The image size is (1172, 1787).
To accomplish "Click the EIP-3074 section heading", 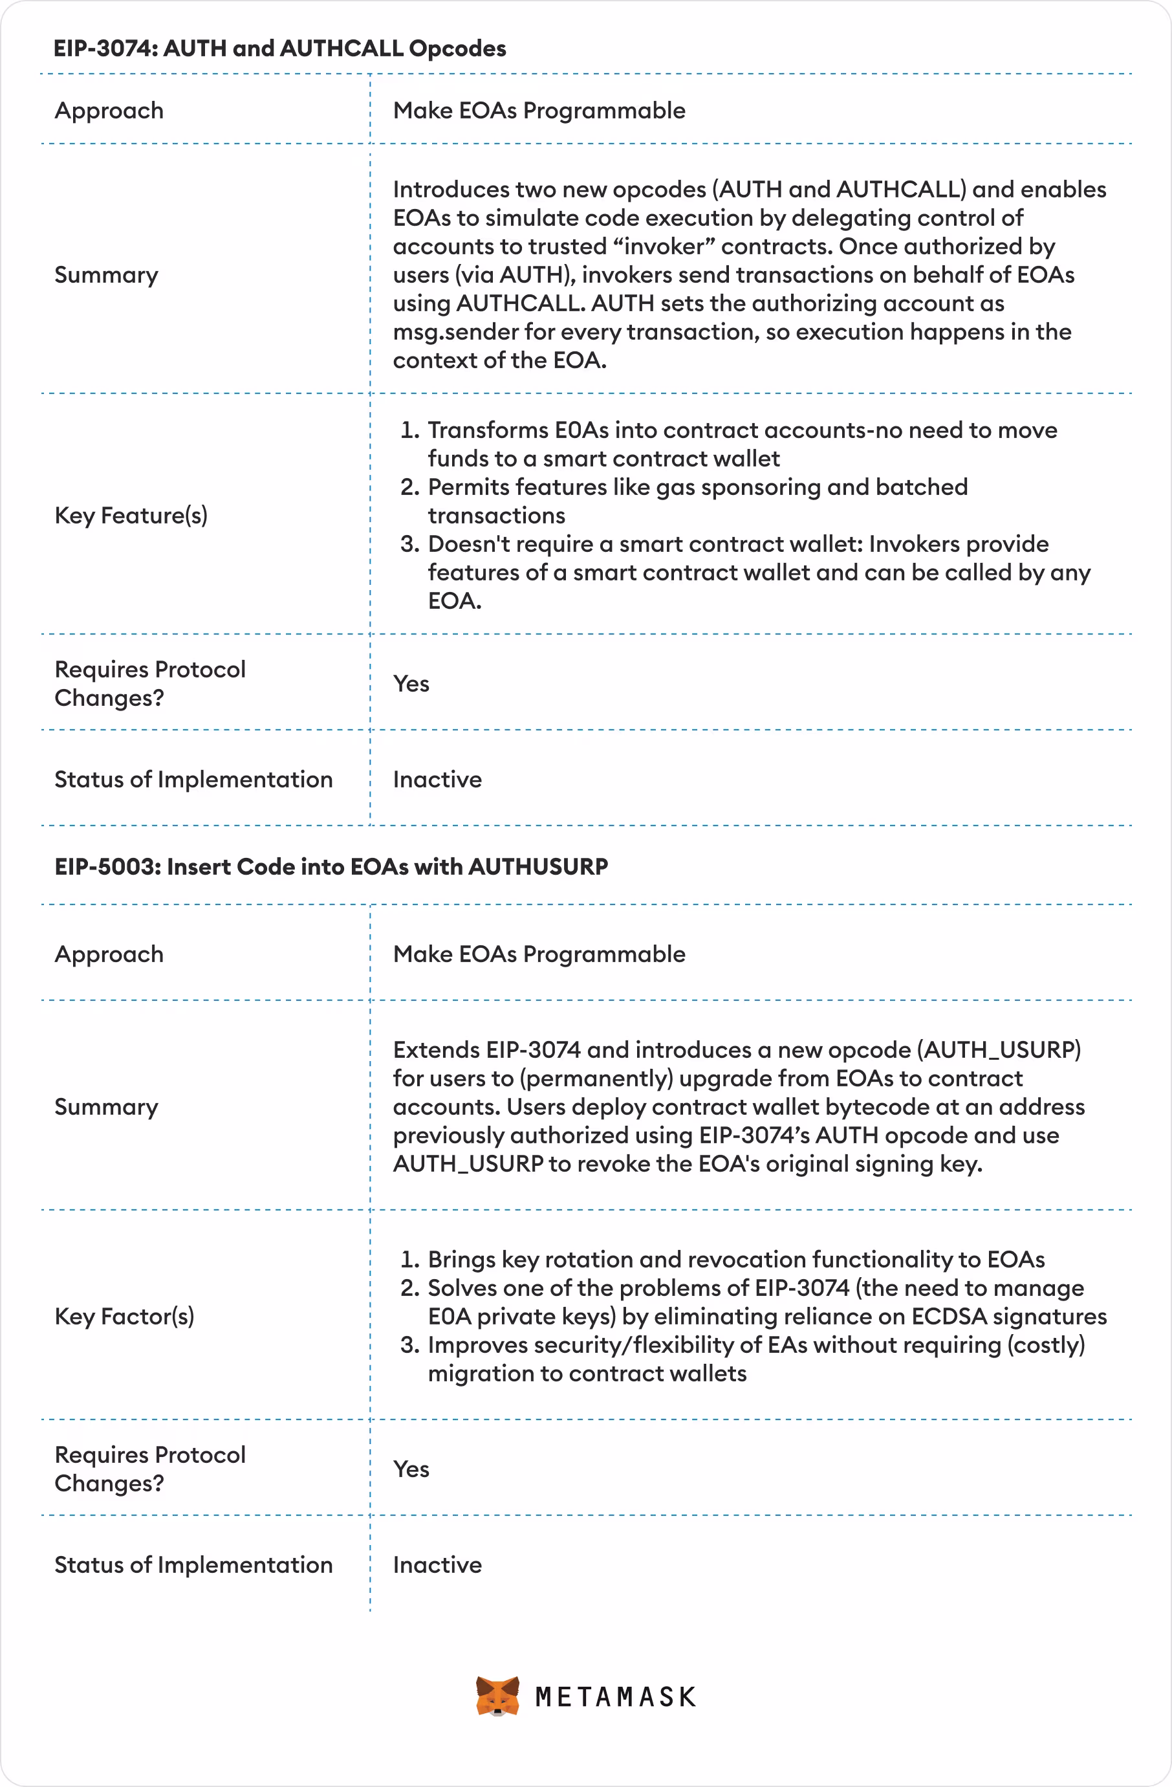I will coord(279,48).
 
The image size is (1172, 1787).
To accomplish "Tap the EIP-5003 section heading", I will coord(331,866).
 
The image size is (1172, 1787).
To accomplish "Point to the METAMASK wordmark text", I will coord(616,1698).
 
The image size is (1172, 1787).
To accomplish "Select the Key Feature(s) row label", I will coord(131,516).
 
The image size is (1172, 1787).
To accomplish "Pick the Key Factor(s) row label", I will coord(124,1316).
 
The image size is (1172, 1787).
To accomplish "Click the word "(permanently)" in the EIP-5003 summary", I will coord(598,1078).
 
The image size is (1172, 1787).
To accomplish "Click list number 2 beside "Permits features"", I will coord(410,487).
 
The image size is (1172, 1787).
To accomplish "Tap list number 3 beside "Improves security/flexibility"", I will coord(410,1344).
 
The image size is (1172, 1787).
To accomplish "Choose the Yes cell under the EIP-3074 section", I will coord(411,684).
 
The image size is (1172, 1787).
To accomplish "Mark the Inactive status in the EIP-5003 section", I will coord(437,1564).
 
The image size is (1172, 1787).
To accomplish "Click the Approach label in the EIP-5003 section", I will coord(109,954).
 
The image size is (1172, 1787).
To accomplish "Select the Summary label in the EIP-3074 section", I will coord(106,275).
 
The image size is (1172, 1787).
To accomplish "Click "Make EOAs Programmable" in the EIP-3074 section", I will coord(539,111).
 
